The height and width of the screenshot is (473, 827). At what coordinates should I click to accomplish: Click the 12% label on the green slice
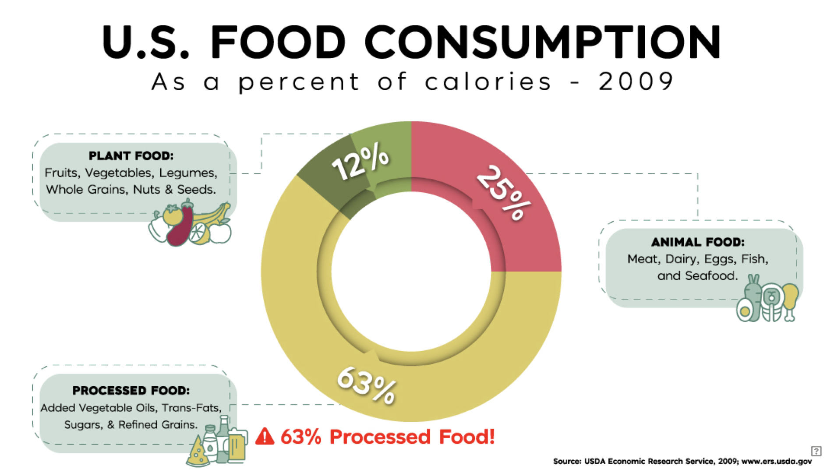coord(360,162)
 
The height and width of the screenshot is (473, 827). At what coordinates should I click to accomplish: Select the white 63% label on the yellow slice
coord(367,385)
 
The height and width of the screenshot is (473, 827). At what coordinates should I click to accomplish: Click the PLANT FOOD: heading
coord(131,156)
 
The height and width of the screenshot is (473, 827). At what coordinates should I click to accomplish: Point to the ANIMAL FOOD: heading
coord(698,242)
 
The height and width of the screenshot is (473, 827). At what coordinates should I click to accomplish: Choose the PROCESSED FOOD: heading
coord(131,390)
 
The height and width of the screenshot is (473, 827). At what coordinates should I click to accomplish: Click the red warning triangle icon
coord(265,437)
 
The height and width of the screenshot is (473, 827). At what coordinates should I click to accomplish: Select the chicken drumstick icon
coord(790,300)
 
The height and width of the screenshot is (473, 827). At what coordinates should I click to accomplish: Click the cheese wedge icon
coord(198,453)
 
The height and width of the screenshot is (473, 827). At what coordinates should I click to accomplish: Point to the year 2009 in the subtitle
coord(636,81)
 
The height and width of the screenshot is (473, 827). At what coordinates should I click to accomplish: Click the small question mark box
coord(816,451)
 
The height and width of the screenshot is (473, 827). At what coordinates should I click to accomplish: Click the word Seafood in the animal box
coord(711,276)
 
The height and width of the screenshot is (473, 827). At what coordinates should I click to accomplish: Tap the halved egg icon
coord(745,310)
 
